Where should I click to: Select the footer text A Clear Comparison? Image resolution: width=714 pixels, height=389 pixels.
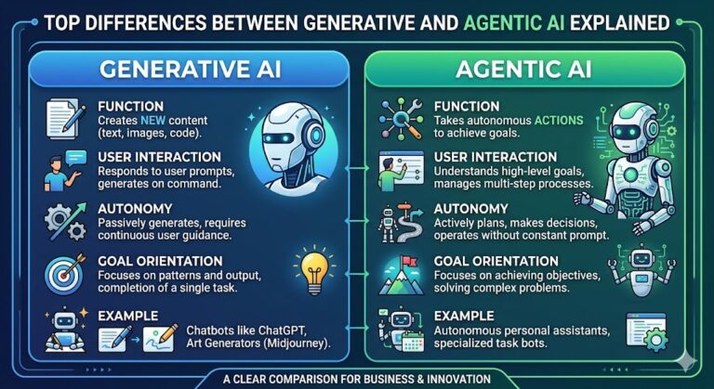coord(356,377)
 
